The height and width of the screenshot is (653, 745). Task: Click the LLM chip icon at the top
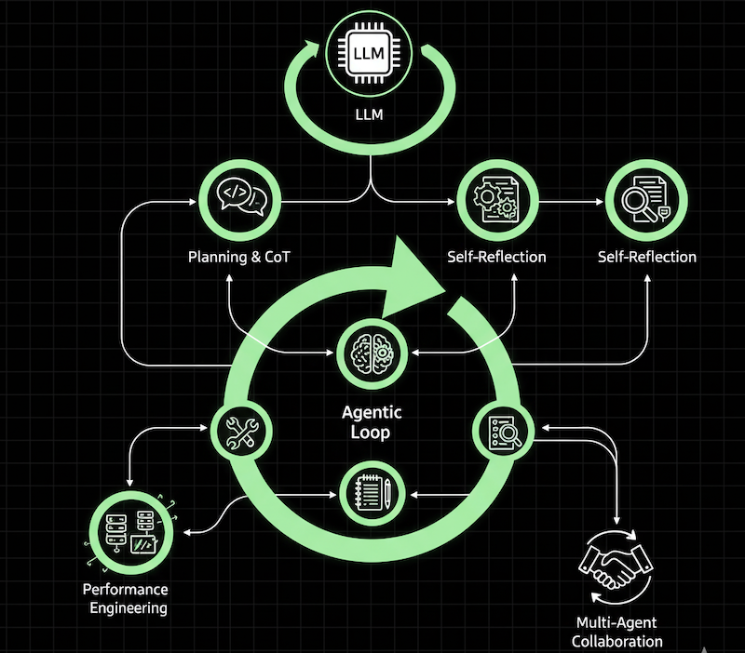pos(372,55)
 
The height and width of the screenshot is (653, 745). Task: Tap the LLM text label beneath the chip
pos(372,119)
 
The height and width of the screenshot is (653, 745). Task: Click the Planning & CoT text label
pos(239,256)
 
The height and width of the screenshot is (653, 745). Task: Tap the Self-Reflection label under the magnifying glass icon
pos(646,256)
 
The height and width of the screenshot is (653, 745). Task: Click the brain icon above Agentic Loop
pos(372,354)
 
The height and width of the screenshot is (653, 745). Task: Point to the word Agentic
pos(372,413)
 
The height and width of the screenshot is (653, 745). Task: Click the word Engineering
pos(128,608)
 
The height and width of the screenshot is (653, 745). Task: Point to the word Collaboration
pos(616,641)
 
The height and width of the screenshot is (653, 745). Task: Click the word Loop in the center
pos(372,433)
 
